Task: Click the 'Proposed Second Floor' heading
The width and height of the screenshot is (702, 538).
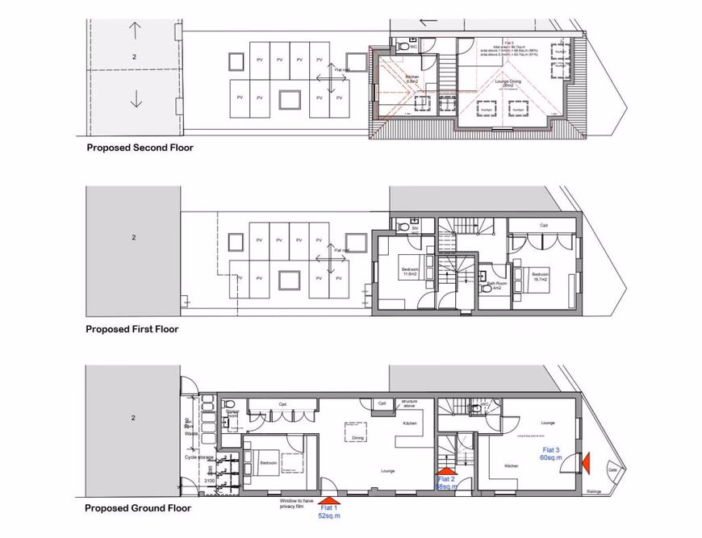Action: coord(140,148)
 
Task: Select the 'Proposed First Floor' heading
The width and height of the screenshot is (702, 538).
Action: coord(132,329)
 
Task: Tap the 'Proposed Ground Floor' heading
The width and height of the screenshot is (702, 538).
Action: coord(138,508)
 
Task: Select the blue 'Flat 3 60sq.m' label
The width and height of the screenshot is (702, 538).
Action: coord(551,453)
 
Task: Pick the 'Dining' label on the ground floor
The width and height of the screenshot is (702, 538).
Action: coord(358,438)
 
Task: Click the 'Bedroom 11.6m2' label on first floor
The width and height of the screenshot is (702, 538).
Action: coord(410,272)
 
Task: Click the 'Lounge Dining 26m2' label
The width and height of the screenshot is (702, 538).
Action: coord(506,83)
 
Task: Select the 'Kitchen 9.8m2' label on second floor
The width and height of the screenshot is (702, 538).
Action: coord(412,79)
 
